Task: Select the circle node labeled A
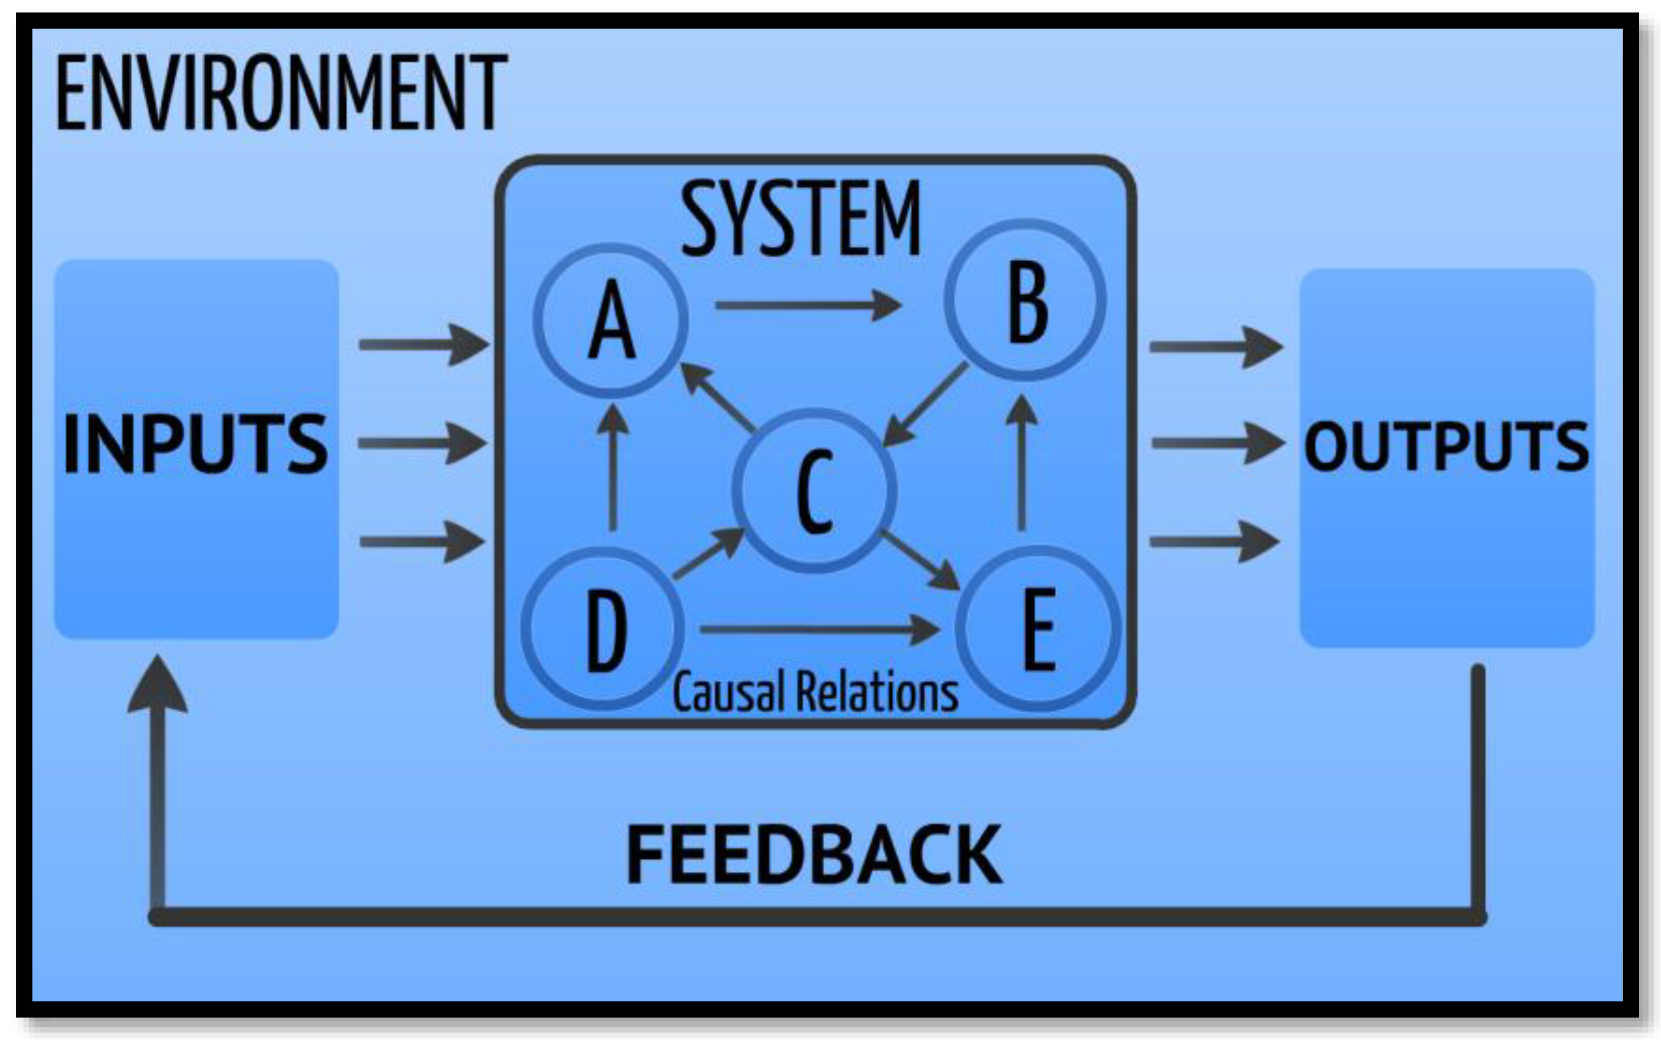coord(611,320)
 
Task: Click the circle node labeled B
coord(1025,300)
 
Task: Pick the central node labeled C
coord(814,490)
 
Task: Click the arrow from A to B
coord(808,305)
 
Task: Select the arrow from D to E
coord(818,629)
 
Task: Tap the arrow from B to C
coord(925,404)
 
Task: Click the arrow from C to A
coord(718,398)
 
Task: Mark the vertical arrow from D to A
coord(612,468)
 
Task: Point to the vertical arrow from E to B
coord(1022,463)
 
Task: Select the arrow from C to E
coord(920,560)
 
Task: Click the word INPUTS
coord(195,444)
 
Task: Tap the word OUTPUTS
coord(1446,446)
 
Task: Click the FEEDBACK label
coord(814,854)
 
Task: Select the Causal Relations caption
coord(815,691)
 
